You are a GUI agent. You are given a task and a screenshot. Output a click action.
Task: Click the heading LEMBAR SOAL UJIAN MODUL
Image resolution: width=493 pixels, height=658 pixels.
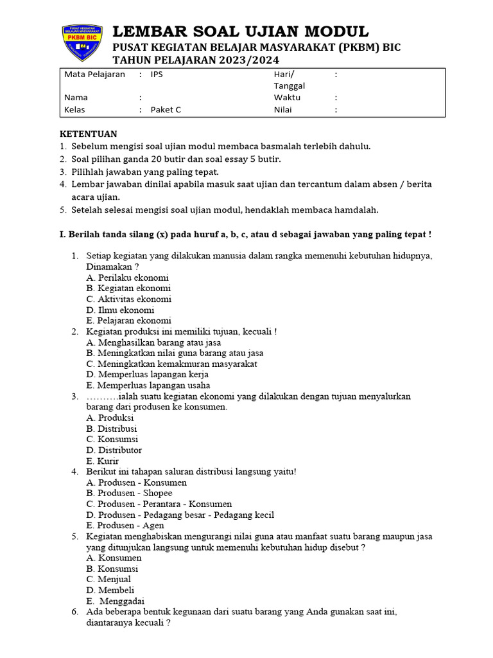coord(241,31)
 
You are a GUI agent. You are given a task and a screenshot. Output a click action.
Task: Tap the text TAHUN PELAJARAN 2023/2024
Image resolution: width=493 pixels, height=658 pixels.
coord(196,60)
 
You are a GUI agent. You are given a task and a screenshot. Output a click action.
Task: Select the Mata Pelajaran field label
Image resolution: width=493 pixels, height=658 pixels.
coord(94,74)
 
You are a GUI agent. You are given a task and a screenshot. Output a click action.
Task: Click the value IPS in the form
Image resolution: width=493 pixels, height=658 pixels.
coord(157,74)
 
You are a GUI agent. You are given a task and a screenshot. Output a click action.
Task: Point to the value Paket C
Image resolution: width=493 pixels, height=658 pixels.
coord(166,109)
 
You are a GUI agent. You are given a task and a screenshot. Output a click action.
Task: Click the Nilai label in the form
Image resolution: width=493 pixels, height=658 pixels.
coord(283,109)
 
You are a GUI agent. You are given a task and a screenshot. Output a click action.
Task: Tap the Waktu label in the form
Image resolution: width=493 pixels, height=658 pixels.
coord(287,98)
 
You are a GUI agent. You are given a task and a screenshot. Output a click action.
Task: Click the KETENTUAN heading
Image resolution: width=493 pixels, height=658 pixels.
coord(89,134)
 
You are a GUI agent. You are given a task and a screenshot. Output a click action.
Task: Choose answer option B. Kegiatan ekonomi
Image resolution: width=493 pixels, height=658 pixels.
coord(128,289)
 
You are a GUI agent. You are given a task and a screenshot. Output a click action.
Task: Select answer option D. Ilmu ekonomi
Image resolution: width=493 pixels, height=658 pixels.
coord(120,310)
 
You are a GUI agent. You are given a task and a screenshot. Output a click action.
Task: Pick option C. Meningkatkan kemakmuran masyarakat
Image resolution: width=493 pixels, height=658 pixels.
coord(171,364)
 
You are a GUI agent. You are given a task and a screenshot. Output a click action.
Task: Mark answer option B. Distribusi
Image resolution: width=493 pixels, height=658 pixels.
coord(111,429)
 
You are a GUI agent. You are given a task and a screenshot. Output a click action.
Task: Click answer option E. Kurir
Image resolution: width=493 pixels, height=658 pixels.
coord(102,461)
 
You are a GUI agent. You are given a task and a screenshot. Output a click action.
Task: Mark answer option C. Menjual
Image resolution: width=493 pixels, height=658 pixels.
coord(108,580)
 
